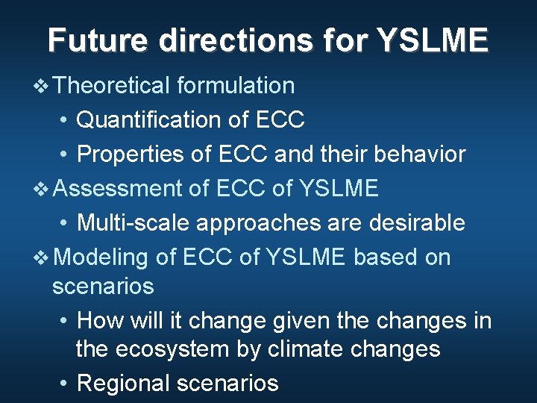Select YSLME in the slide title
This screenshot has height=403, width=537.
[x=433, y=40]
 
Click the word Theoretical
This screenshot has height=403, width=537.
[x=112, y=86]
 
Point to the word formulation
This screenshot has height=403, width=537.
[x=236, y=86]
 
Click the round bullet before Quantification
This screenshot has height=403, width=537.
[x=64, y=120]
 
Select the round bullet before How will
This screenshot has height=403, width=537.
[x=64, y=322]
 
